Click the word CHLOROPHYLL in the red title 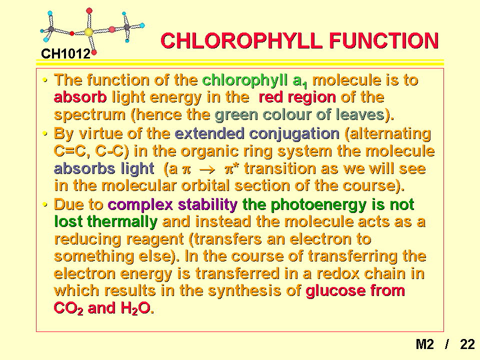241,40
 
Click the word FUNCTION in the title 384,40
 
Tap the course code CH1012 65,54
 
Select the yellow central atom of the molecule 89,32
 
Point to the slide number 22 467,344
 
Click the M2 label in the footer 424,344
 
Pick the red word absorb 80,97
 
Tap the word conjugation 294,134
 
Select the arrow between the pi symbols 207,170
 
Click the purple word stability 207,205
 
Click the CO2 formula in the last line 68,308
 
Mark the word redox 337,273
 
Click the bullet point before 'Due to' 45,204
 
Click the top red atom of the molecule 89,11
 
